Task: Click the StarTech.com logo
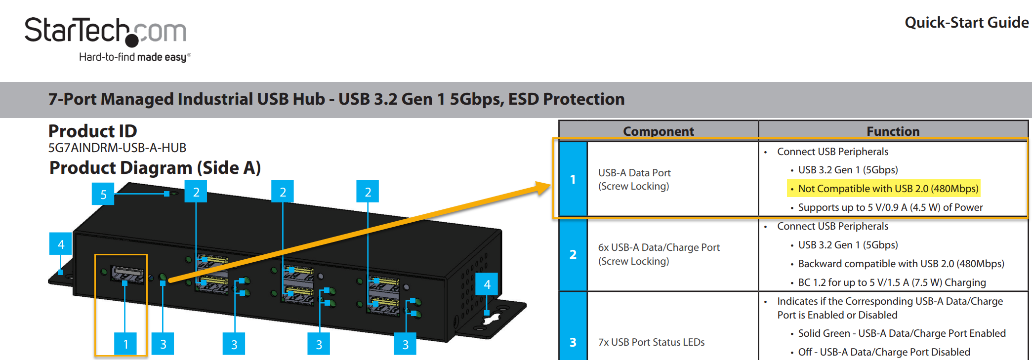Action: coord(106,32)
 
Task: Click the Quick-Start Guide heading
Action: coord(966,23)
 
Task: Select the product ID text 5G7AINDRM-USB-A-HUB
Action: coord(117,148)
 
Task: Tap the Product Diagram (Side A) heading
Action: coord(155,168)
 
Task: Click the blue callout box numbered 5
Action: coord(103,194)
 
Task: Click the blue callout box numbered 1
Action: coord(125,344)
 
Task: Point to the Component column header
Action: coord(658,131)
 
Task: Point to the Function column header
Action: coord(893,131)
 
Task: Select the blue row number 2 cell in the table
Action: coord(573,254)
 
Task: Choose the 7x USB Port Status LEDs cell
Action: coord(651,342)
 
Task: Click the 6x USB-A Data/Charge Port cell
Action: coord(659,254)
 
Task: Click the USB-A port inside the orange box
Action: coord(127,274)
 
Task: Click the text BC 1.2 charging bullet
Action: coord(892,282)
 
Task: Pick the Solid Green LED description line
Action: coord(902,333)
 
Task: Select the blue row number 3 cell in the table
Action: coord(573,342)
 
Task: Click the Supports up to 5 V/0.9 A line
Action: coord(890,207)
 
